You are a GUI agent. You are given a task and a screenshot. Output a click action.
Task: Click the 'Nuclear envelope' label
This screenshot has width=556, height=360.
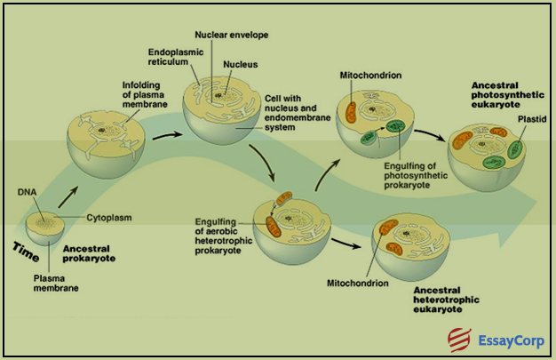(x=232, y=34)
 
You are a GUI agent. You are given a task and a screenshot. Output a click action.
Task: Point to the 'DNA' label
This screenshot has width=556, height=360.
(x=27, y=190)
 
